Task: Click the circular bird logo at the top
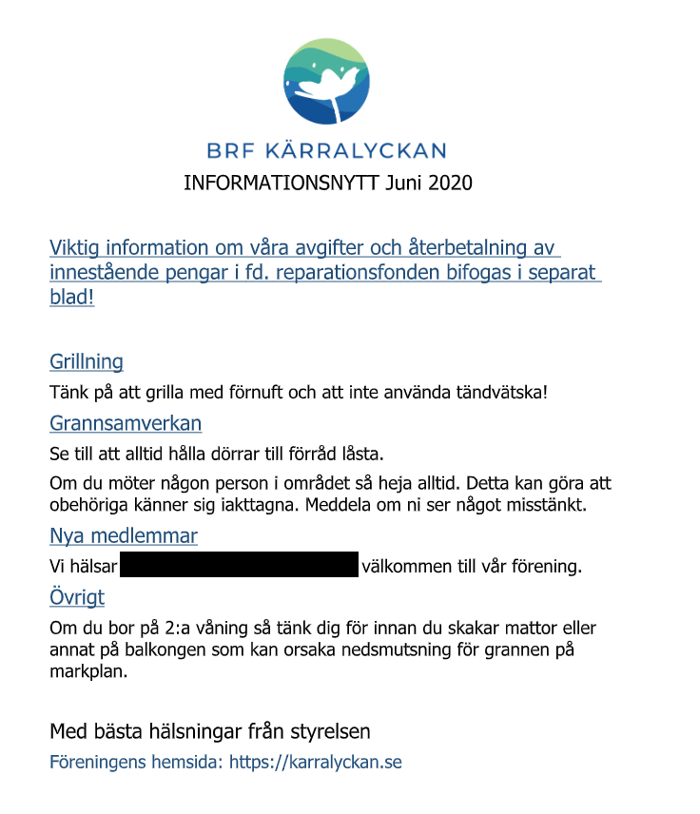[327, 82]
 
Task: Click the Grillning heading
[87, 361]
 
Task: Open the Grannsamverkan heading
[126, 423]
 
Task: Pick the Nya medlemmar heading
[124, 536]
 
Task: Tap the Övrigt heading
[77, 597]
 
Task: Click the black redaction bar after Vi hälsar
[239, 565]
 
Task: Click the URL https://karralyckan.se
[315, 763]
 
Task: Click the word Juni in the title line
[402, 183]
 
